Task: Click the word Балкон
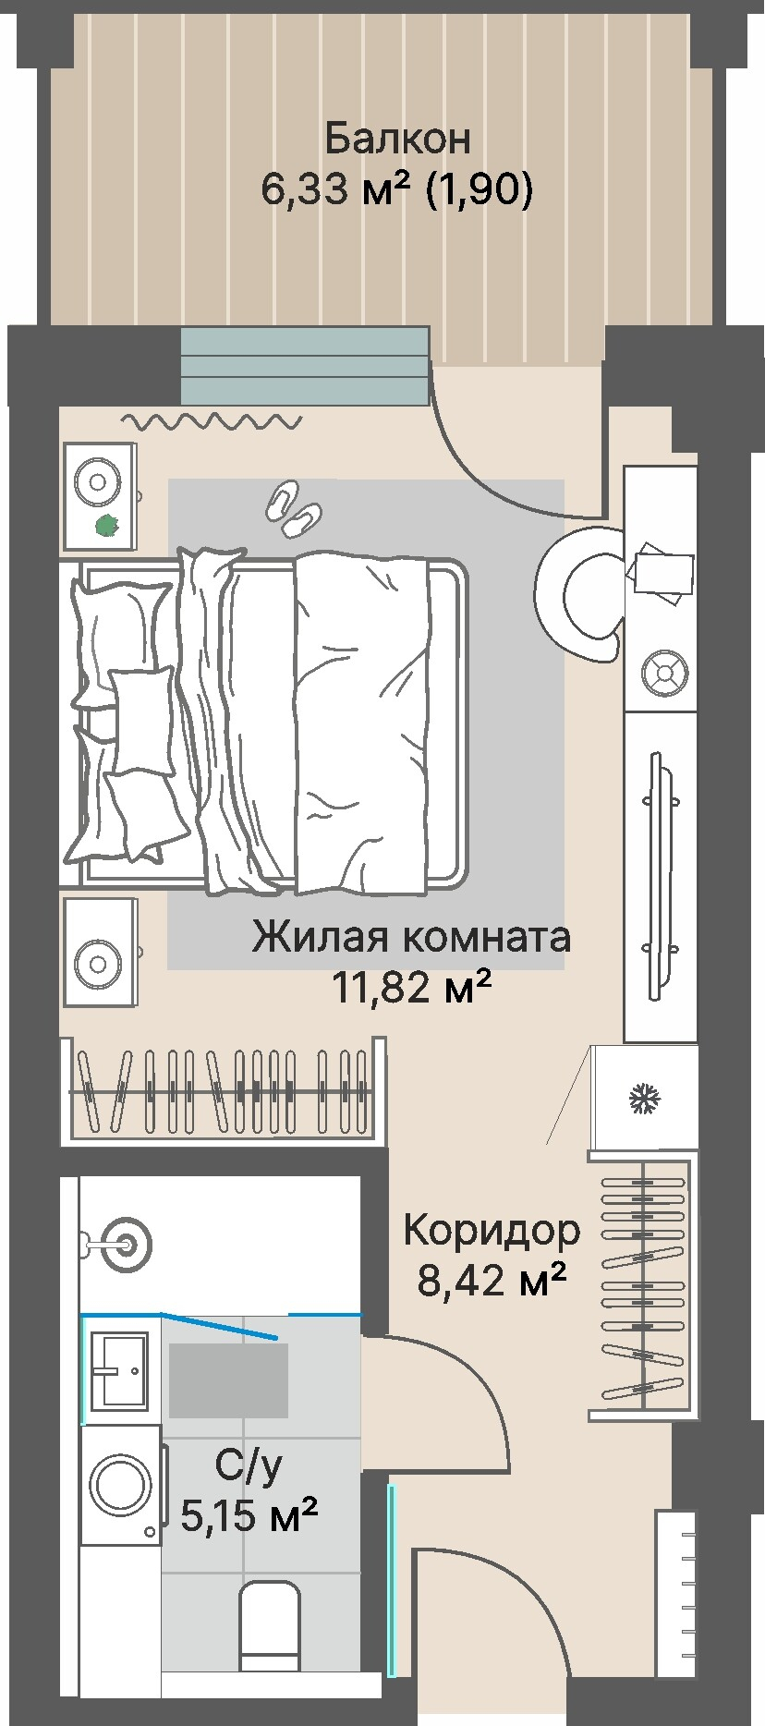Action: click(x=397, y=139)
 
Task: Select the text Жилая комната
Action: click(x=412, y=937)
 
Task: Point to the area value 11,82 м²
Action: click(x=412, y=989)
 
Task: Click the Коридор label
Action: click(x=492, y=1230)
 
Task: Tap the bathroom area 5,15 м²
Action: click(x=249, y=1515)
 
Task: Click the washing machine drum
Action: click(x=121, y=1487)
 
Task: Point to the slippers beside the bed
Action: click(x=294, y=509)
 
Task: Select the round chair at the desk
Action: click(x=577, y=594)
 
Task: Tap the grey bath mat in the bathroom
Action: click(x=228, y=1380)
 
